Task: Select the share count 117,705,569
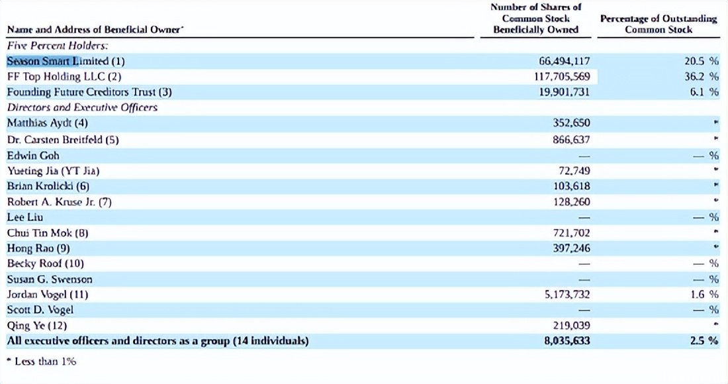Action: click(x=562, y=77)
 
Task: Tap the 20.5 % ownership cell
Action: click(x=701, y=62)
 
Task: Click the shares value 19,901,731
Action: click(x=564, y=92)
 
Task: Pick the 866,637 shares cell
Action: click(x=571, y=140)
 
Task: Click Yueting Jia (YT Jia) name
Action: click(x=53, y=171)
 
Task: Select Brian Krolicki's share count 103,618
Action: click(x=571, y=186)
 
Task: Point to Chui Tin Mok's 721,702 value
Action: click(x=571, y=232)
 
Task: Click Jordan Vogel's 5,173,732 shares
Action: click(x=567, y=295)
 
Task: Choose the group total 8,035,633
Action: click(x=567, y=341)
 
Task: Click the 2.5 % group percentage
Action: click(x=704, y=341)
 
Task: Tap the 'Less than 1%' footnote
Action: click(x=41, y=361)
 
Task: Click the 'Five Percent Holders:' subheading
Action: click(x=57, y=46)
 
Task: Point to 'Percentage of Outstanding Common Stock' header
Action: click(x=659, y=24)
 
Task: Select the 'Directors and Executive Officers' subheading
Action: click(x=82, y=107)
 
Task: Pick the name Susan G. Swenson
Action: click(x=49, y=279)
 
